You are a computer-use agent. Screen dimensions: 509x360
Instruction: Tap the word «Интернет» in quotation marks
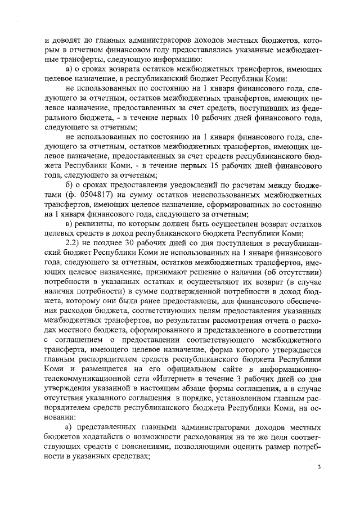click(181, 382)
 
